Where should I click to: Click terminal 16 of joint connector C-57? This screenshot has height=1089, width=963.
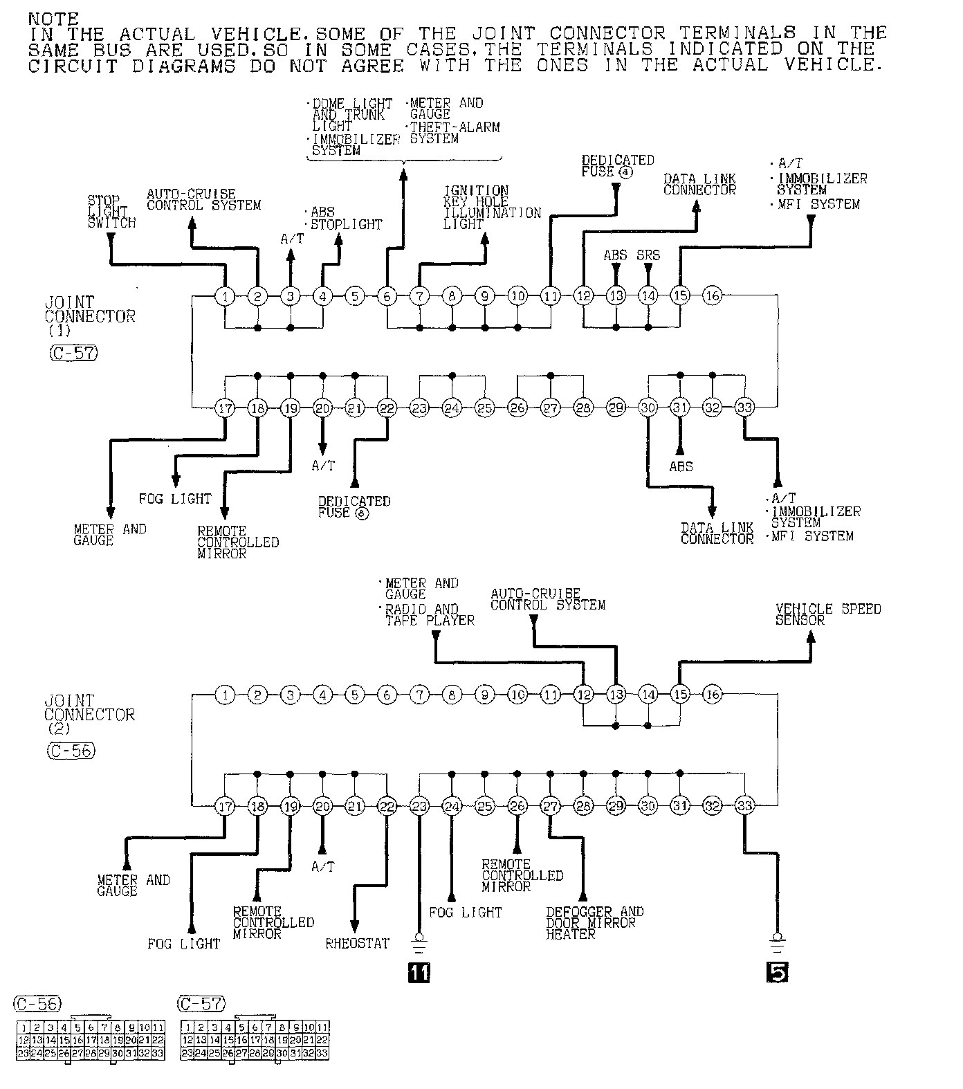click(x=713, y=296)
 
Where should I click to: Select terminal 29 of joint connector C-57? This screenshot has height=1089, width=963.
click(x=616, y=408)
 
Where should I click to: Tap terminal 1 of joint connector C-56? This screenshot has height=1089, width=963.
click(x=225, y=694)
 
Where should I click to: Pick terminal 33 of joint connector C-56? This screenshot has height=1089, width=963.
click(x=744, y=805)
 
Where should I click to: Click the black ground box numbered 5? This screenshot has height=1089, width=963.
click(x=777, y=972)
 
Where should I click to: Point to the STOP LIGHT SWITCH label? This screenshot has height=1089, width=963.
click(x=111, y=212)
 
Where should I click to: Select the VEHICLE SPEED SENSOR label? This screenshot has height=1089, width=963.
click(x=827, y=614)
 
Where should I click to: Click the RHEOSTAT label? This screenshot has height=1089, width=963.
click(x=357, y=943)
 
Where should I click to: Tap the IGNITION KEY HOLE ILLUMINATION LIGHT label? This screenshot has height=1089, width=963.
click(x=491, y=207)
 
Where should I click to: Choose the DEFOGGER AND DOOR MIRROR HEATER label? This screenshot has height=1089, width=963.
click(x=594, y=923)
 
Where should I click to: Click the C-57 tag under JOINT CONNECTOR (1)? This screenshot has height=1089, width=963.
click(x=73, y=354)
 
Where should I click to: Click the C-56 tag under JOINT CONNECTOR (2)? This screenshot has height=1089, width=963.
click(x=71, y=751)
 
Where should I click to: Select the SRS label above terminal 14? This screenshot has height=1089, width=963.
click(x=648, y=255)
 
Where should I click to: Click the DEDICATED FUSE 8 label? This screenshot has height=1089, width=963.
click(x=354, y=506)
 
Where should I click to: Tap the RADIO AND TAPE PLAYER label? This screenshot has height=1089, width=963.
click(x=430, y=615)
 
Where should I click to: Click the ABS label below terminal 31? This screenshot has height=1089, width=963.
click(x=681, y=466)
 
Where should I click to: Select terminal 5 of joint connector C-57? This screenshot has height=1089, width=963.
click(x=354, y=296)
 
